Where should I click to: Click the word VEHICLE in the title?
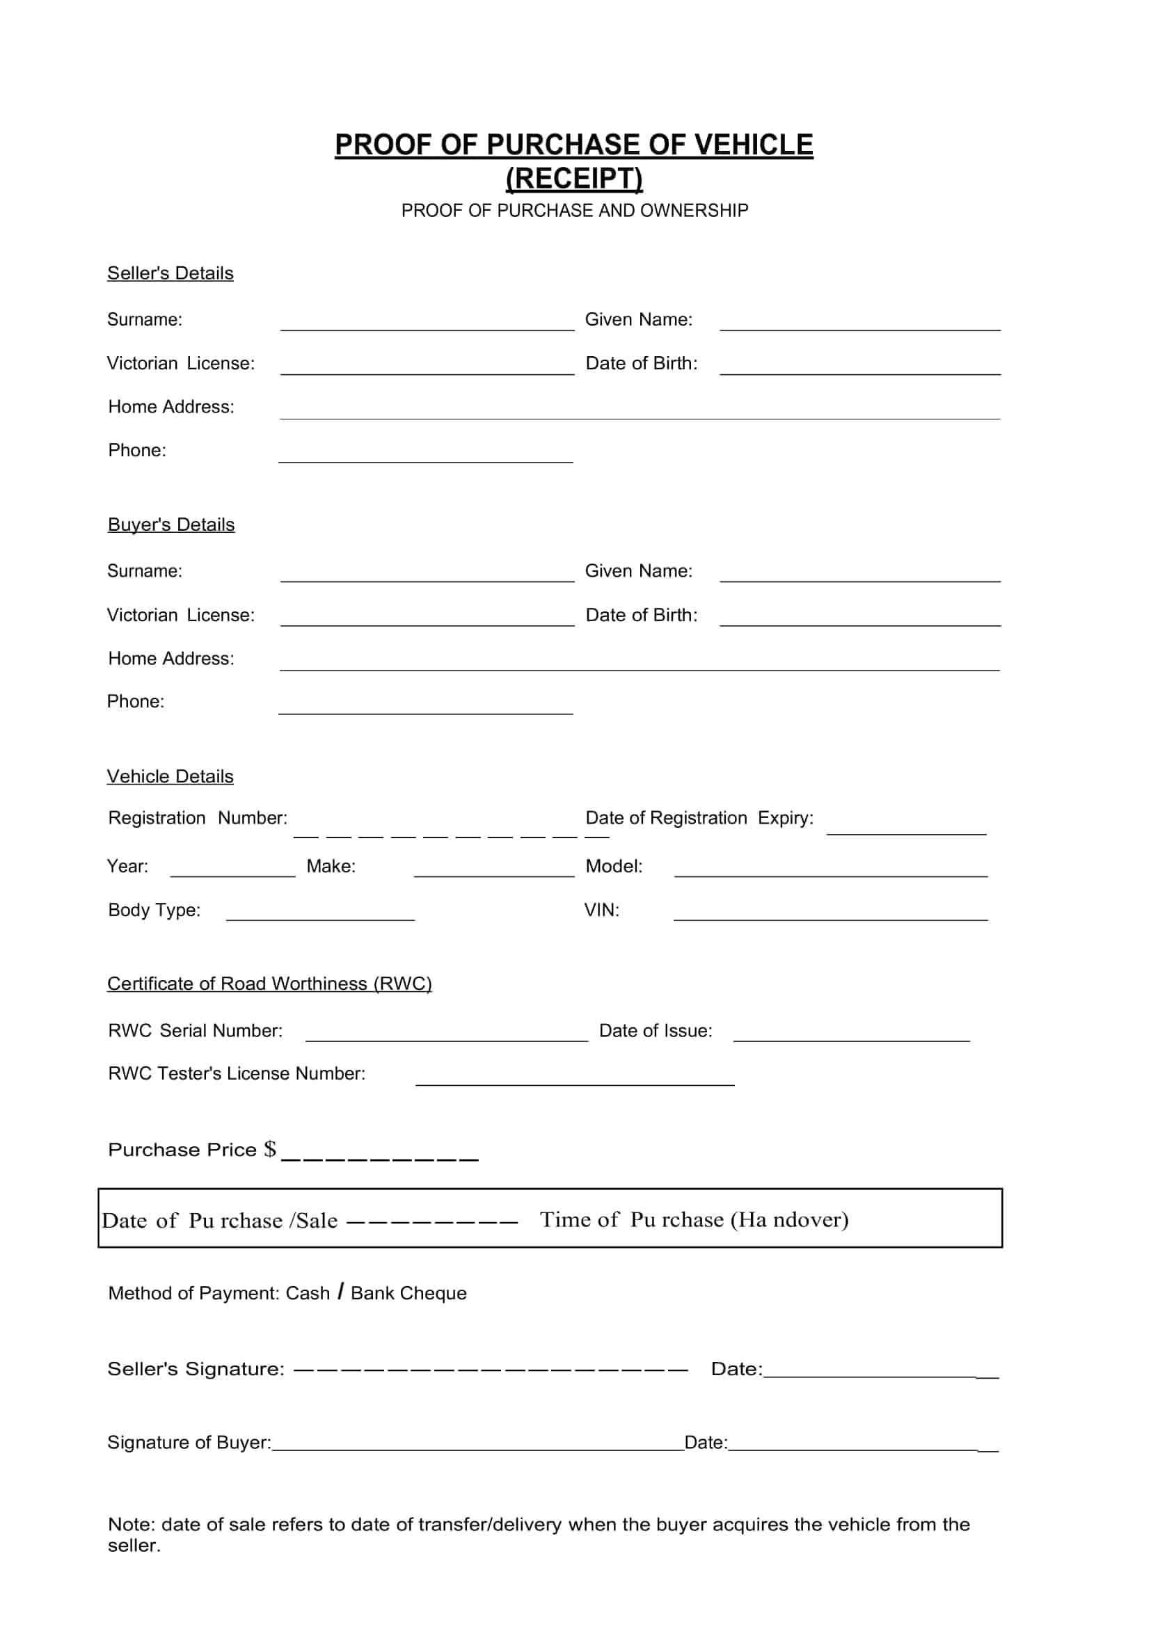[754, 145]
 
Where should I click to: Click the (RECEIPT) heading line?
[574, 178]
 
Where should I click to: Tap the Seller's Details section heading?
[170, 273]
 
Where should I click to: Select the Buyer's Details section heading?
[170, 525]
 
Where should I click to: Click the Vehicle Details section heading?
[170, 777]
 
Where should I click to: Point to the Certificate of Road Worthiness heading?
[269, 984]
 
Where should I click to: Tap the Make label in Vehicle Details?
[331, 867]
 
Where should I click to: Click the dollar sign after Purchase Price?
[270, 1149]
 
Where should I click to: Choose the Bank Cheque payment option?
[409, 1294]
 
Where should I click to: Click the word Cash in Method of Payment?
[308, 1294]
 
